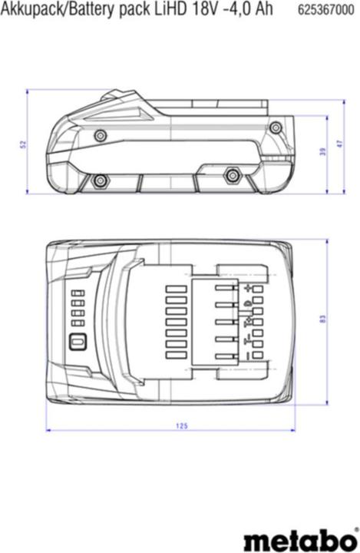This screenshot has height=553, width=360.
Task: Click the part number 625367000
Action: [326, 8]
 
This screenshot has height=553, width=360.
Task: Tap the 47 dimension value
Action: [338, 144]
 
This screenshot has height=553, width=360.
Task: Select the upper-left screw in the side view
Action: [100, 135]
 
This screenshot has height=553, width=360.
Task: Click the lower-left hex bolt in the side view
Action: [99, 180]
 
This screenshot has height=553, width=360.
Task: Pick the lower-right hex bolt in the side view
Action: [231, 176]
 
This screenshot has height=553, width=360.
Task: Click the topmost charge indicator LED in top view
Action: [76, 293]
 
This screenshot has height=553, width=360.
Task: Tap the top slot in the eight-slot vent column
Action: [177, 289]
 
